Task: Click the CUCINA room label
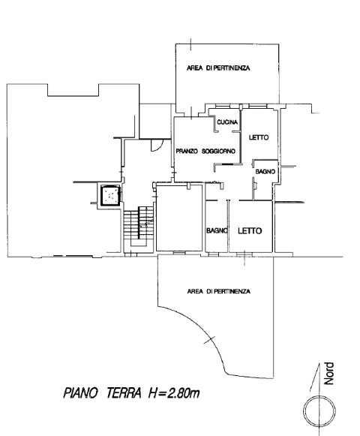[x=227, y=122]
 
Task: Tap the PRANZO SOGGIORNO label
[x=205, y=152]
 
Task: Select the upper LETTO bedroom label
[x=259, y=137]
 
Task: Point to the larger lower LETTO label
[x=250, y=231]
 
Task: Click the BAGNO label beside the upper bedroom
[x=265, y=172]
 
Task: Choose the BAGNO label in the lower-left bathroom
[x=217, y=230]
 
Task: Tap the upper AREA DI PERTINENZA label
[x=218, y=68]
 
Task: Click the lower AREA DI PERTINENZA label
[x=219, y=291]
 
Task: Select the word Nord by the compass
[x=329, y=374]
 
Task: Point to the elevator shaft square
[x=110, y=195]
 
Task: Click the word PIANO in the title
[x=80, y=393]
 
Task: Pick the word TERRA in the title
[x=124, y=393]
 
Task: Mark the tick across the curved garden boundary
[x=209, y=340]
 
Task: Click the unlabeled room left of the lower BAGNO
[x=179, y=218]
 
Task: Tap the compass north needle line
[x=314, y=377]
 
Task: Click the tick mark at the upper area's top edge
[x=190, y=44]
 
